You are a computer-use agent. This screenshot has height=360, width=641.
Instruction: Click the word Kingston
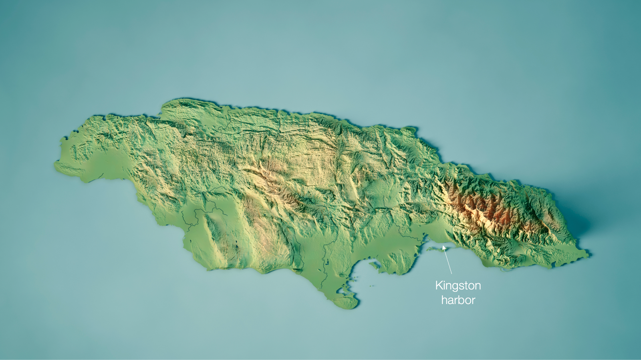point(458,286)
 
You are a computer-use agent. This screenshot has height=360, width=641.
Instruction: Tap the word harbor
point(458,300)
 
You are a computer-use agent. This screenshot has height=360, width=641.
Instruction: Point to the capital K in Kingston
point(439,286)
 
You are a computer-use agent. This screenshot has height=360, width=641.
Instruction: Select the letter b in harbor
point(460,300)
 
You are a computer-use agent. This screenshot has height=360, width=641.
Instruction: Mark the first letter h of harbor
point(444,300)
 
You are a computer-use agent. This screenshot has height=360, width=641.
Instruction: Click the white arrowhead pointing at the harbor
point(444,248)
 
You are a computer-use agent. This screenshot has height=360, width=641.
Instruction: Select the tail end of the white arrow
point(452,274)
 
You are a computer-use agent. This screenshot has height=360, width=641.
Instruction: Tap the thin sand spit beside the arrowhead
point(435,249)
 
